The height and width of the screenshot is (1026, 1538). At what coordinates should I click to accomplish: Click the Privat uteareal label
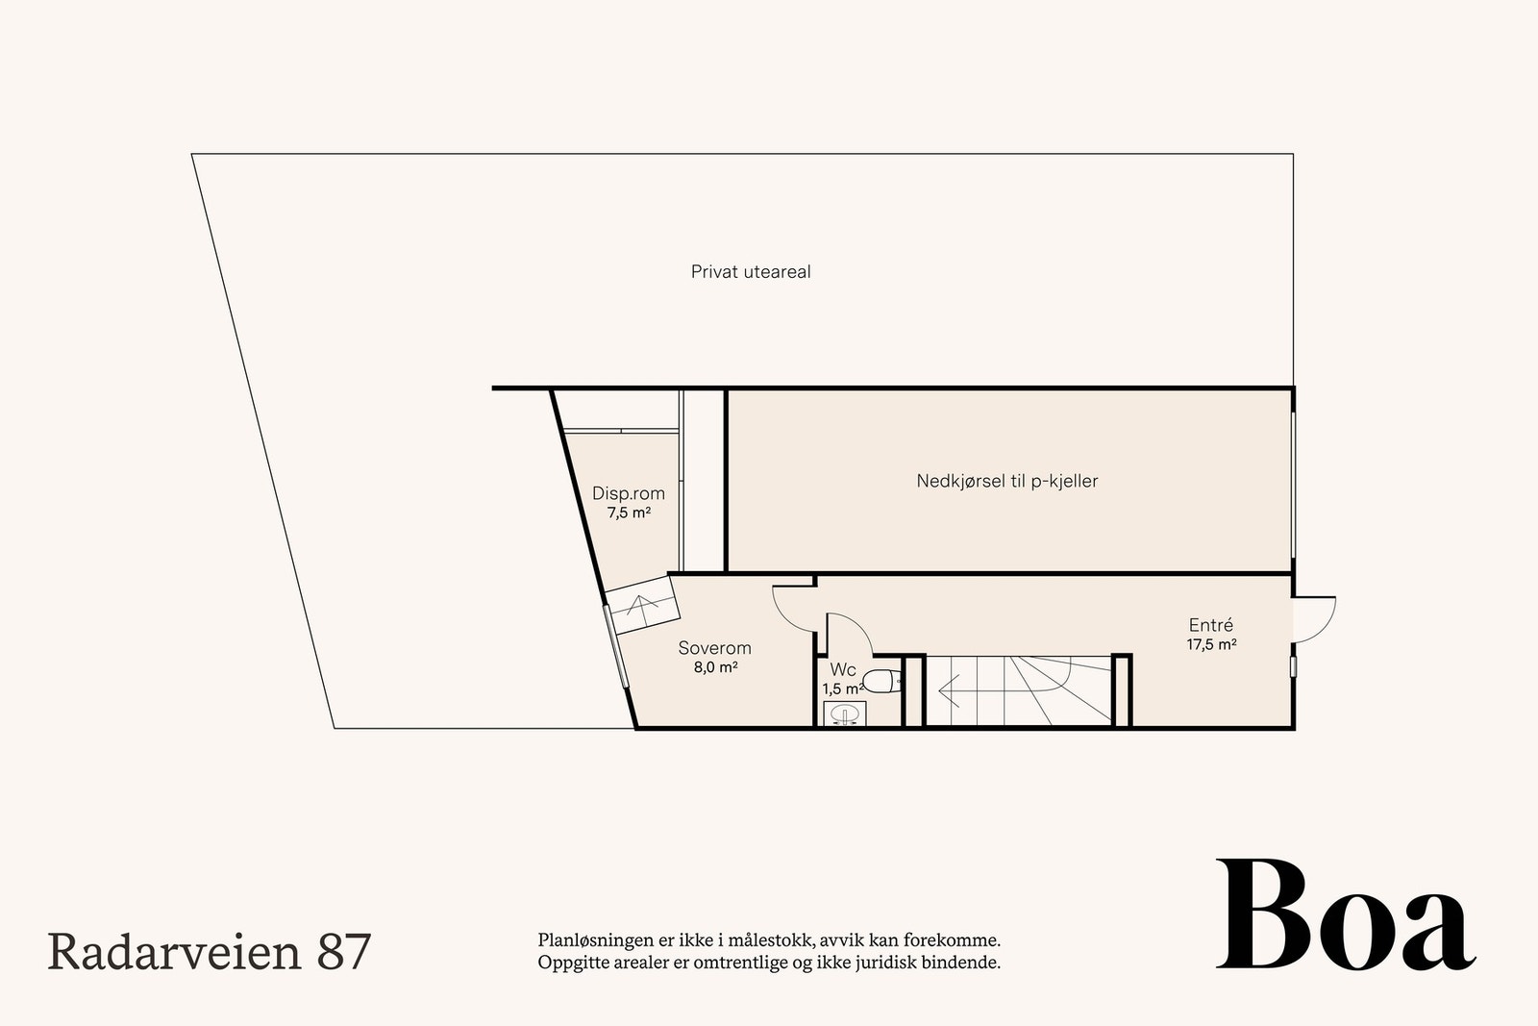click(x=751, y=272)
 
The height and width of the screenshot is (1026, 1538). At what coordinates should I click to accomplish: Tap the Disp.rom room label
click(x=628, y=493)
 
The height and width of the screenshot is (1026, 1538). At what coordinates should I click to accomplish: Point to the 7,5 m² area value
click(x=629, y=513)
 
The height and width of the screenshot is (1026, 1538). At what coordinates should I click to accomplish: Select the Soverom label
click(x=714, y=648)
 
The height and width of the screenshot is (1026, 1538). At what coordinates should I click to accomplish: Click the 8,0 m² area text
click(x=715, y=667)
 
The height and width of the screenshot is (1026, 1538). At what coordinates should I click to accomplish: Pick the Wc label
click(x=843, y=669)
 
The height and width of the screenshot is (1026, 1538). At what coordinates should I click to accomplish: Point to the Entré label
click(x=1210, y=625)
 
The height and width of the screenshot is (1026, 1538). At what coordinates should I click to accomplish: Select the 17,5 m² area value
click(x=1211, y=645)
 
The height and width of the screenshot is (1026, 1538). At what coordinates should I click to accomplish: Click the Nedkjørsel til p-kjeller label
click(x=1006, y=481)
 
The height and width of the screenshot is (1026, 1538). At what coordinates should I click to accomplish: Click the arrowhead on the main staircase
click(x=947, y=688)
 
